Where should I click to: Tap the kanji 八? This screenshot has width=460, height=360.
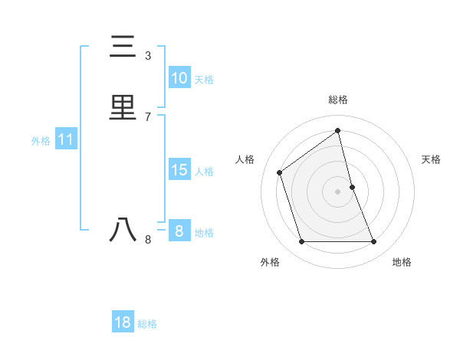[x=123, y=230]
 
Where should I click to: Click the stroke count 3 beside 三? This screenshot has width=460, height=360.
[x=148, y=56]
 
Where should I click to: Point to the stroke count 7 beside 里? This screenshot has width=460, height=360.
[x=148, y=116]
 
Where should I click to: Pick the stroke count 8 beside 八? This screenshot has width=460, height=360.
[x=148, y=240]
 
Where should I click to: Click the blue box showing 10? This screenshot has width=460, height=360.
[x=179, y=78]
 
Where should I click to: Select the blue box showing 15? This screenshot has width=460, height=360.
[x=179, y=170]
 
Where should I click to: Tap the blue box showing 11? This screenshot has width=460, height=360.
[x=66, y=140]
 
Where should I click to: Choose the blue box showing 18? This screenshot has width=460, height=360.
[x=123, y=322]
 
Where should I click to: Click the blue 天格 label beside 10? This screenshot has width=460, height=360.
[x=204, y=80]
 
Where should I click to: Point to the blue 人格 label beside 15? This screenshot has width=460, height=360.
[x=204, y=172]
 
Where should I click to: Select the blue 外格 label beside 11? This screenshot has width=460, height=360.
[x=41, y=141]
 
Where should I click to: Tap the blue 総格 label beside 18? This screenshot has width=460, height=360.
[x=147, y=324]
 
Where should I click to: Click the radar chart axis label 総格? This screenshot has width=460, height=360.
[x=338, y=100]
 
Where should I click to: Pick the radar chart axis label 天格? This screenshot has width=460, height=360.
[x=432, y=159]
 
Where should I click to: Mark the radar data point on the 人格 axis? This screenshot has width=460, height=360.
[x=280, y=172]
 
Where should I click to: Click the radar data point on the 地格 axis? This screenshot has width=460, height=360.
[x=374, y=242]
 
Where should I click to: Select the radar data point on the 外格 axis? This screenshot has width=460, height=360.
[x=301, y=242]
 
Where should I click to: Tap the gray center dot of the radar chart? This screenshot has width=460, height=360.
[x=338, y=191]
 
